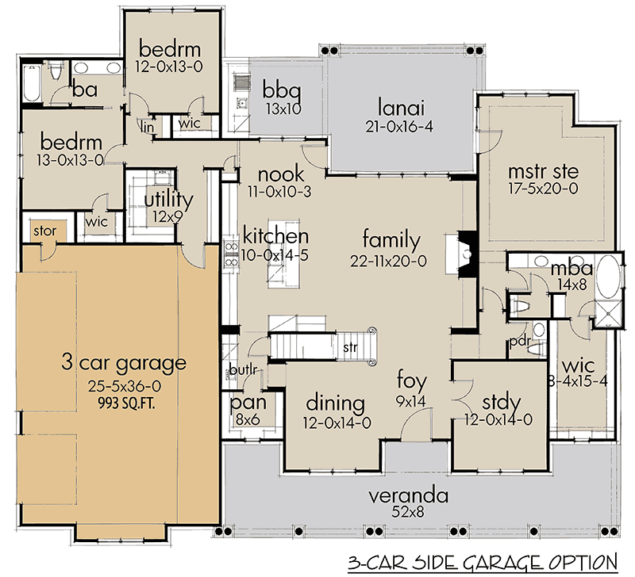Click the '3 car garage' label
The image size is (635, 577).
coord(123,364)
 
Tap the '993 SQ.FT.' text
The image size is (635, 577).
coord(123,402)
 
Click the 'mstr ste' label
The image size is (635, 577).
coord(531,170)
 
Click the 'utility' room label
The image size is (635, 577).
coord(167,197)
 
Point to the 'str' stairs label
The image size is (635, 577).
coord(350,347)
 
